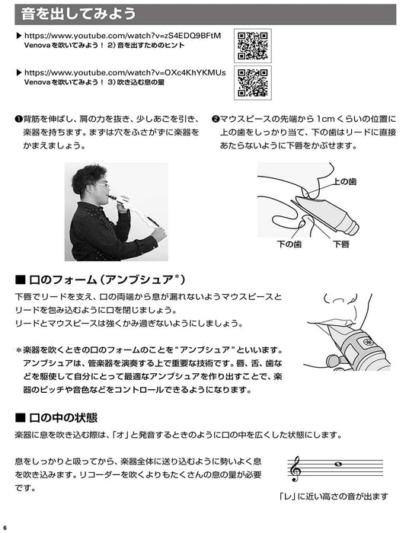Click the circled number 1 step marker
point(18,120)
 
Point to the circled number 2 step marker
point(216,120)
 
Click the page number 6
point(5,527)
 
